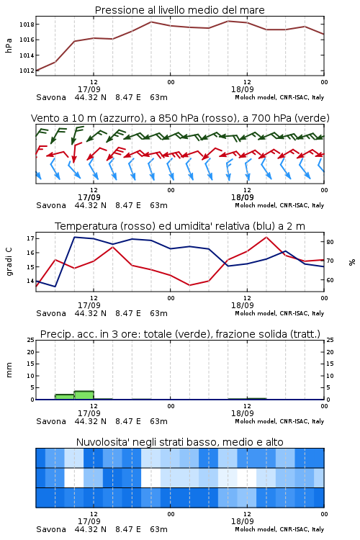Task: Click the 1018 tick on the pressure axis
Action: tap(27, 24)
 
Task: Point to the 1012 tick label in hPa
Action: tap(27, 71)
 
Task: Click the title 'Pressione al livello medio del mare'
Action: tap(179, 10)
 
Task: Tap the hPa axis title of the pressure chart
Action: tap(9, 45)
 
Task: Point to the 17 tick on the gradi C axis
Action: tap(30, 238)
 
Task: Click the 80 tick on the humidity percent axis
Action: tap(330, 242)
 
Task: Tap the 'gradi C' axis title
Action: tap(9, 262)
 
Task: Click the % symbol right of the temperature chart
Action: tap(352, 262)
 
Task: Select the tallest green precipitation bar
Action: tap(84, 395)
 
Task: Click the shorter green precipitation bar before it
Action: tap(65, 397)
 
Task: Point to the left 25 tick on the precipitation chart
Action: tap(30, 340)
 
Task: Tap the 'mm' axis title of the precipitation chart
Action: tap(9, 370)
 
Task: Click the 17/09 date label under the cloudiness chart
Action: tap(89, 521)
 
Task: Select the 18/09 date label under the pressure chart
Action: tap(243, 89)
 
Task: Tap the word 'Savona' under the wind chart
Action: tap(51, 206)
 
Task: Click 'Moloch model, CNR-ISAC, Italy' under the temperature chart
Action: tap(279, 313)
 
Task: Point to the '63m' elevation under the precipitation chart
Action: tap(158, 421)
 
